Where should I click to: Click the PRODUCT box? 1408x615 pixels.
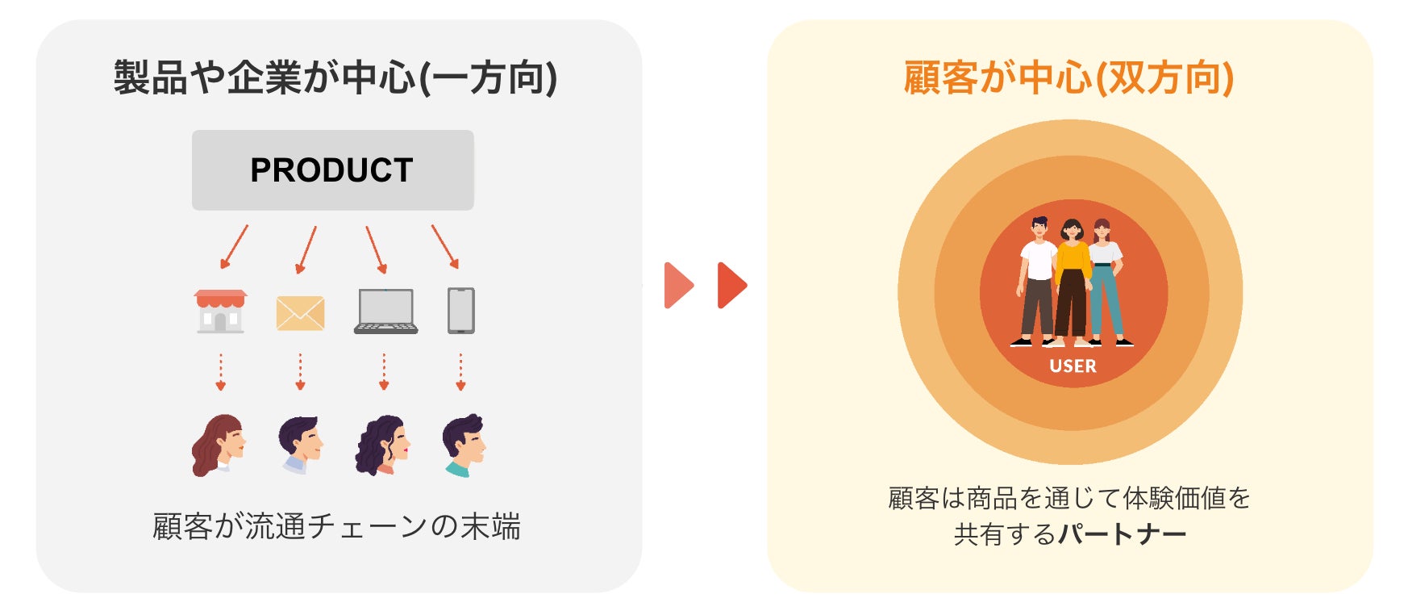pyautogui.click(x=332, y=170)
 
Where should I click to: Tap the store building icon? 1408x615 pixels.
pyautogui.click(x=220, y=312)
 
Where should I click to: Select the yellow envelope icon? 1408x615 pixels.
pyautogui.click(x=300, y=313)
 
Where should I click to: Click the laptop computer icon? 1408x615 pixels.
pyautogui.click(x=385, y=312)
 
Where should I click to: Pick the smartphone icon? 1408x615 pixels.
pyautogui.click(x=460, y=311)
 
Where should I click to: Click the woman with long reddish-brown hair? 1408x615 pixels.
pyautogui.click(x=219, y=445)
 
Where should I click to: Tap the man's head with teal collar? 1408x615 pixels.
pyautogui.click(x=463, y=445)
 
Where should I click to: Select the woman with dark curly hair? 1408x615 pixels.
pyautogui.click(x=382, y=445)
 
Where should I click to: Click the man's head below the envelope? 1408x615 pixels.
pyautogui.click(x=300, y=443)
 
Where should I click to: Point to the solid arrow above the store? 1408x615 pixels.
pyautogui.click(x=234, y=247)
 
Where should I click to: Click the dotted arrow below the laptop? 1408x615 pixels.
pyautogui.click(x=384, y=371)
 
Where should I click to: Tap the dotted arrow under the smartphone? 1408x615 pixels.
pyautogui.click(x=460, y=371)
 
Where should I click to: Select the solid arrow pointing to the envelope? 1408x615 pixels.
pyautogui.click(x=306, y=249)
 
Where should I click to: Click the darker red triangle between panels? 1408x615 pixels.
pyautogui.click(x=731, y=285)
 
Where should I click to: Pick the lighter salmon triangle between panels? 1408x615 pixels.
pyautogui.click(x=678, y=285)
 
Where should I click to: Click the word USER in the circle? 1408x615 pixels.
pyautogui.click(x=1073, y=366)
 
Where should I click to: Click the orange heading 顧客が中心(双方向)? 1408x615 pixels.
pyautogui.click(x=1068, y=78)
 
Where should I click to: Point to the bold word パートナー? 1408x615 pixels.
pyautogui.click(x=1122, y=534)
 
